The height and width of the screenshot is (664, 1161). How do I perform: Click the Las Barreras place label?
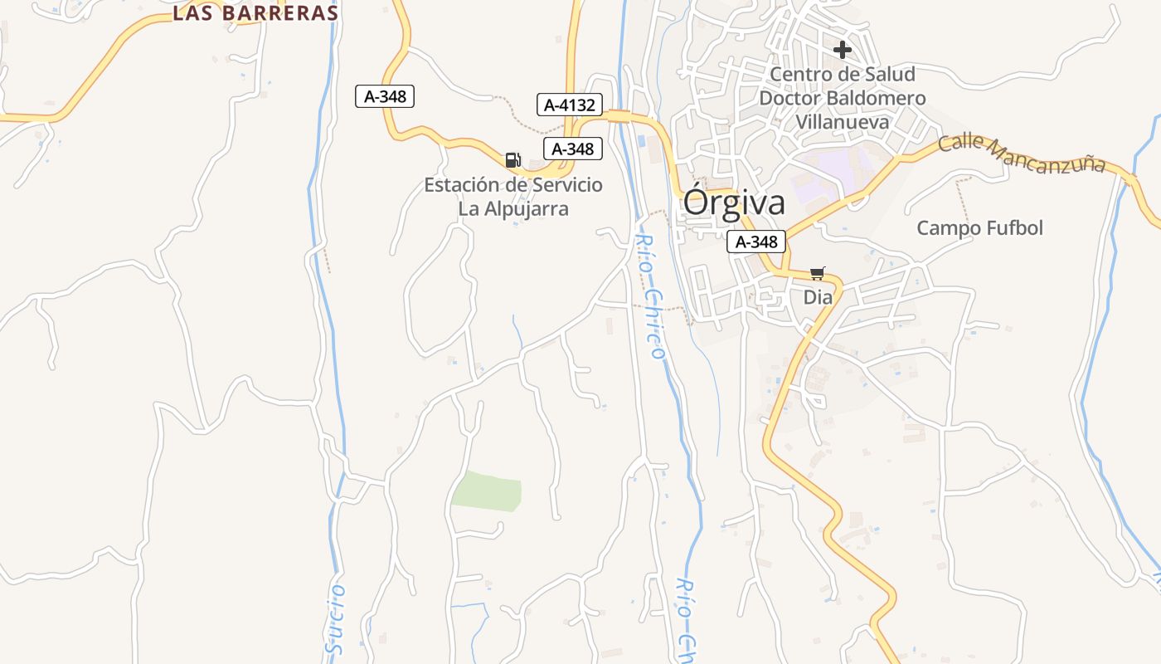255,13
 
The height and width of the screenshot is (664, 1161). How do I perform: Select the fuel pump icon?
512,159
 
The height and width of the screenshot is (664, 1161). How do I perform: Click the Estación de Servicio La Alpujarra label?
513,196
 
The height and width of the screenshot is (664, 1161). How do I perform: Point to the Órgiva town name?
734,203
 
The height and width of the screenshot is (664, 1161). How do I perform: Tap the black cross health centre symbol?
843,50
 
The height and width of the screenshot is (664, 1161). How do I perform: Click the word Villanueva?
843,122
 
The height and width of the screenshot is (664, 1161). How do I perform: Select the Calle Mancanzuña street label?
1022,154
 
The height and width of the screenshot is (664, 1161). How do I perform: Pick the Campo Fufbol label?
979,227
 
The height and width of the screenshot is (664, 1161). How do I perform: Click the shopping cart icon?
818,273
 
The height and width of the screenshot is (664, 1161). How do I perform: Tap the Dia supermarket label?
818,296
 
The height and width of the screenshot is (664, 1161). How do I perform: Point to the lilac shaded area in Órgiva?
829,178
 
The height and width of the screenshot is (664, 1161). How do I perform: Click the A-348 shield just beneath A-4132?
573,149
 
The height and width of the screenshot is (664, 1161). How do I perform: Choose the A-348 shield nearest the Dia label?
756,242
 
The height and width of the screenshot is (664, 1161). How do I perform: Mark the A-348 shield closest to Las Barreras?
385,96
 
